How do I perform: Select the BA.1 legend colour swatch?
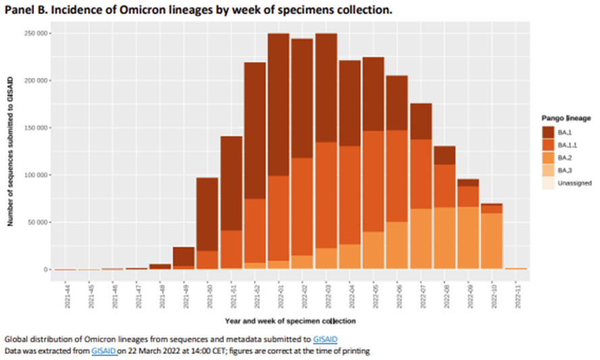[x=549, y=132]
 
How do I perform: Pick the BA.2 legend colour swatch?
[x=549, y=157]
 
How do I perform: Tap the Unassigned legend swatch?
[x=549, y=183]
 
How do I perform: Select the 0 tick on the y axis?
[x=45, y=269]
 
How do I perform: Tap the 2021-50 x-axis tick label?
[x=208, y=294]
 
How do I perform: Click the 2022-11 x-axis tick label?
[x=516, y=294]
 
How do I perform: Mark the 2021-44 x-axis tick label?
[x=66, y=294]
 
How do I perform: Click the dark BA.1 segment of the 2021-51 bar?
[x=231, y=182]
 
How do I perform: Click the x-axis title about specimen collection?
[x=290, y=321]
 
